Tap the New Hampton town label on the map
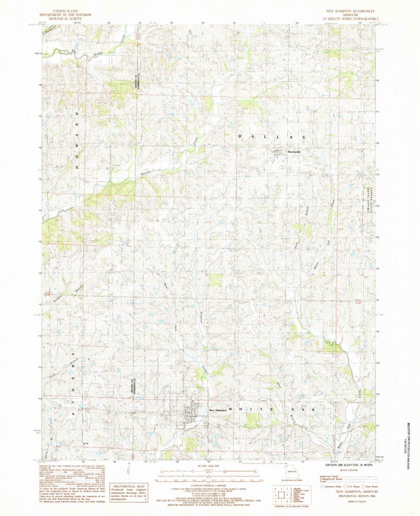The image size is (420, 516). pos(218,410)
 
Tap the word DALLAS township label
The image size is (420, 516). pos(272,137)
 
